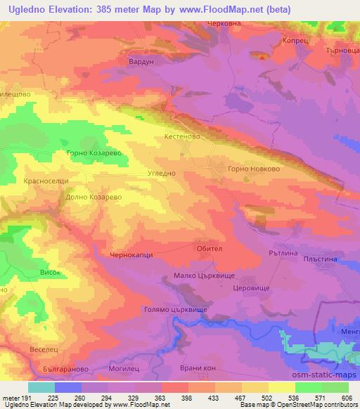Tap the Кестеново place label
(x=183, y=137)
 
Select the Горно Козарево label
(x=94, y=152)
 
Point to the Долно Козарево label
(x=94, y=197)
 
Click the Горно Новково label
(x=255, y=169)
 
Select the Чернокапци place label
(x=132, y=256)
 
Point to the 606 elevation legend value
(x=346, y=398)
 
